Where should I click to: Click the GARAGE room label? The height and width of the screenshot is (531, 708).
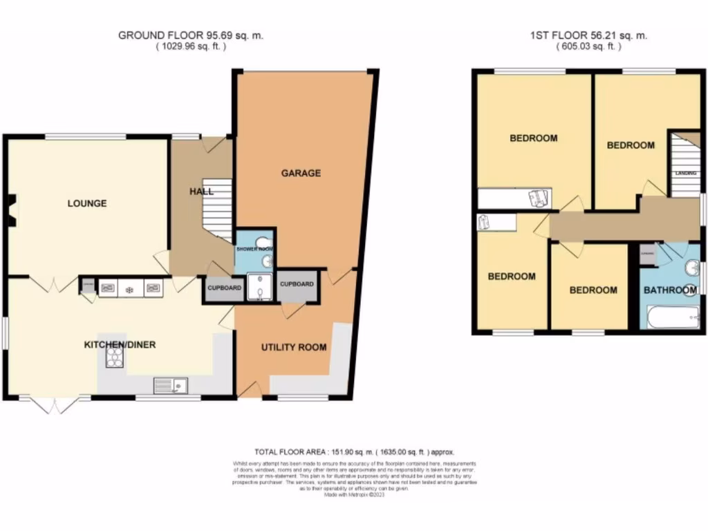[x=301, y=173]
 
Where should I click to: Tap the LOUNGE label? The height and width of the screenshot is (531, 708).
[x=87, y=203]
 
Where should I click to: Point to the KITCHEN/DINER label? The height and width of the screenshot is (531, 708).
[x=120, y=344]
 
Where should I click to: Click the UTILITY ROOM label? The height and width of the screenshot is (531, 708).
[x=294, y=347]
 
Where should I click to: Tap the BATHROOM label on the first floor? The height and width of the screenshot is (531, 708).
[x=670, y=290]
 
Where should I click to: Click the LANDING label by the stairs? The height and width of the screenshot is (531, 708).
[x=685, y=174]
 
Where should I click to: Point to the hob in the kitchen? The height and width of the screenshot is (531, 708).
[x=113, y=357]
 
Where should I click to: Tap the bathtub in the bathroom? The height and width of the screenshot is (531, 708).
[x=671, y=319]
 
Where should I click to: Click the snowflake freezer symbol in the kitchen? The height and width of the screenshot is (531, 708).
[x=129, y=288]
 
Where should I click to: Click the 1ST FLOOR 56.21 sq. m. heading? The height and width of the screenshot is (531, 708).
[x=588, y=35]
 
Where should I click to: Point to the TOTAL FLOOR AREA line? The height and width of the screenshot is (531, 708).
[x=354, y=451]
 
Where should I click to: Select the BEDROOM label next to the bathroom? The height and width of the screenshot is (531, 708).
[x=593, y=290]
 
